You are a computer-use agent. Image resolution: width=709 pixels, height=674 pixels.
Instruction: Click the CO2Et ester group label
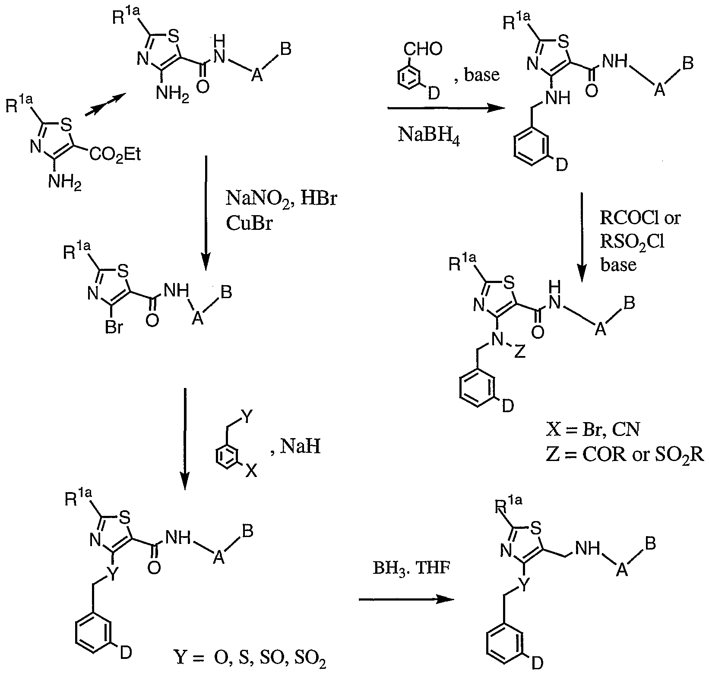[x=116, y=154]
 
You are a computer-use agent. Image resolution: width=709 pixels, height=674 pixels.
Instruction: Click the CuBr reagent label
[x=249, y=224]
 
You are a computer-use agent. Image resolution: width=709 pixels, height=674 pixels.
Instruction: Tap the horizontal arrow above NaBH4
[x=446, y=109]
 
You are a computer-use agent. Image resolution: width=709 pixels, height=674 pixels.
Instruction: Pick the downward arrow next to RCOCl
[x=582, y=238]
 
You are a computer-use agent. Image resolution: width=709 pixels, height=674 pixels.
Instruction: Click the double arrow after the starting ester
[x=104, y=105]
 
